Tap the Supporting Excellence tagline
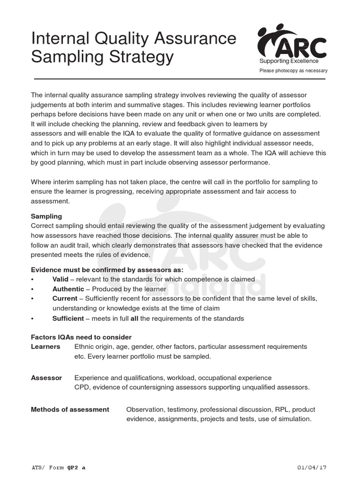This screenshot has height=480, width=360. (289, 61)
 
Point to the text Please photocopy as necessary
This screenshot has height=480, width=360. (293, 71)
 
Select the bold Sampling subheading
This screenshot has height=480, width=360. (46, 217)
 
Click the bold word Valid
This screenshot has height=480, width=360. (60, 279)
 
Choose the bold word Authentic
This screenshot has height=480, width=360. (68, 289)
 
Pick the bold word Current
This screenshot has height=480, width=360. (65, 299)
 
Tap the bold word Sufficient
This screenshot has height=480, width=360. (68, 318)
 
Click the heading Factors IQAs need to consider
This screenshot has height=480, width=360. (81, 337)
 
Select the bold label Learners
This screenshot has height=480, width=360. (45, 346)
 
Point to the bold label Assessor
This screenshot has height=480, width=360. (46, 377)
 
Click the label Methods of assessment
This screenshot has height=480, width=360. (70, 409)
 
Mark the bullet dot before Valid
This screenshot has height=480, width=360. (32, 279)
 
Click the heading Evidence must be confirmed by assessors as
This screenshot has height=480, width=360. (107, 270)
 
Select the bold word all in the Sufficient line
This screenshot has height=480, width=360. (134, 318)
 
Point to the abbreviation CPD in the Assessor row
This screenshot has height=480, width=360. (82, 387)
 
